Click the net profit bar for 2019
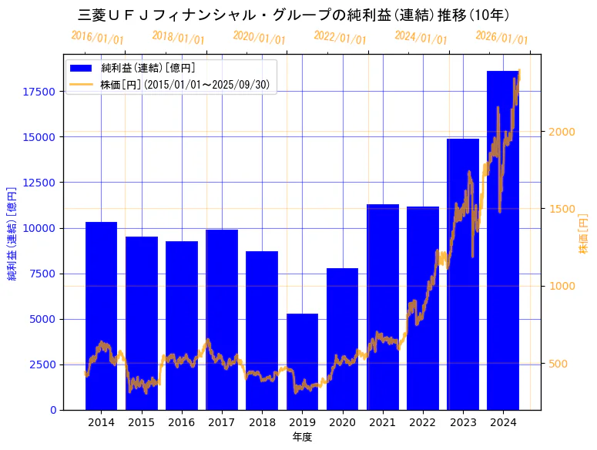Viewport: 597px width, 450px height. tap(302, 362)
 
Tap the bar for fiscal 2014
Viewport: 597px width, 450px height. tap(101, 316)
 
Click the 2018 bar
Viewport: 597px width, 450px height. tap(262, 331)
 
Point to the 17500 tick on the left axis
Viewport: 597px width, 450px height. tap(39, 92)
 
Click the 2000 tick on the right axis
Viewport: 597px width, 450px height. tap(561, 132)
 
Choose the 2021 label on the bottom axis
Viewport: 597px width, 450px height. tap(382, 422)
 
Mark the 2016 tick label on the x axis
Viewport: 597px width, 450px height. tap(181, 422)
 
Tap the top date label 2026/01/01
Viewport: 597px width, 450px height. tap(501, 38)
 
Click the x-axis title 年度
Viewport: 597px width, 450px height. tap(302, 437)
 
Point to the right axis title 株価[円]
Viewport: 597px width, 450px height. tap(583, 234)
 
